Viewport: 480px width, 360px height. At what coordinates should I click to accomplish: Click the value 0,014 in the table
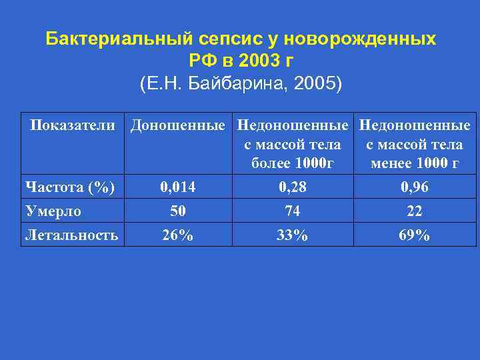coord(178,188)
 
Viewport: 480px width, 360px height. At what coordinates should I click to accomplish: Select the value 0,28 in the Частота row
coord(292,188)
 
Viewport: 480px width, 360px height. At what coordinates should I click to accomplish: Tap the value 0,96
coord(414,188)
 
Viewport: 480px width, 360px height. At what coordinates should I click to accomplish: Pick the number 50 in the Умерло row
coord(178,212)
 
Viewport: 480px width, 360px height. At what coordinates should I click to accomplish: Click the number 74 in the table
coord(292,212)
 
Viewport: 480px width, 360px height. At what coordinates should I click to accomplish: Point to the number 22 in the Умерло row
coord(414,212)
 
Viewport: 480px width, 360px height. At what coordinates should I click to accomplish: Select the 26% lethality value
coord(178,235)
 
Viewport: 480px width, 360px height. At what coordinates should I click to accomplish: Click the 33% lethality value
coord(292,235)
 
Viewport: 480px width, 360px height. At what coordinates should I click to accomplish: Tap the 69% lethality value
coord(414,235)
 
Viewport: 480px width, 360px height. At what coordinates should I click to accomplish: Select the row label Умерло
coord(53,212)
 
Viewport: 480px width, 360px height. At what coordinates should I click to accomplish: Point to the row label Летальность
coord(71,235)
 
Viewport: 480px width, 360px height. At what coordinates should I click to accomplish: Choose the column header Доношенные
coord(181,125)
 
